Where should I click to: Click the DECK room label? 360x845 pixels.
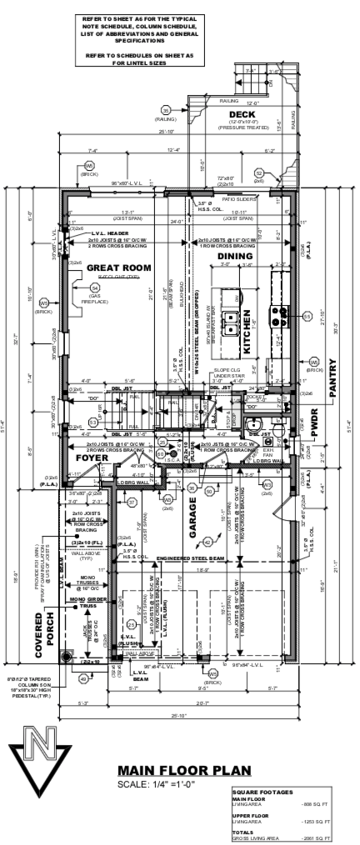[x=242, y=114]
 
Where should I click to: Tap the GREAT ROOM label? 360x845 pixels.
[x=118, y=267]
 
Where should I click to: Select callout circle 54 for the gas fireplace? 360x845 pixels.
[x=93, y=287]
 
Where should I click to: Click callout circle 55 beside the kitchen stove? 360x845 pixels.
[x=307, y=317]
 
